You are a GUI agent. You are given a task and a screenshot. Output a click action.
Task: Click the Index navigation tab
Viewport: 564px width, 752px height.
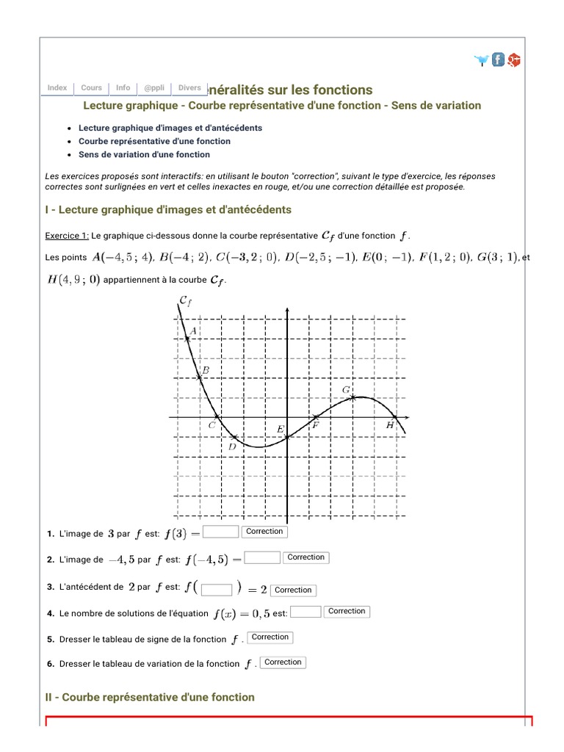[x=57, y=88]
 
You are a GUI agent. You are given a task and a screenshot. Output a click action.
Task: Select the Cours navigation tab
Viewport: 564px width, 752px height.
[x=92, y=88]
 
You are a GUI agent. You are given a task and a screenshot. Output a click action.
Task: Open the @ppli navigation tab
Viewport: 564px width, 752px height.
[x=154, y=88]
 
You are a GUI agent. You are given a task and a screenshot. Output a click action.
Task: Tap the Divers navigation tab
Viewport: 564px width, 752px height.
[x=189, y=88]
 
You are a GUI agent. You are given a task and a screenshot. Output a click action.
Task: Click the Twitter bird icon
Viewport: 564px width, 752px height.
[x=482, y=60]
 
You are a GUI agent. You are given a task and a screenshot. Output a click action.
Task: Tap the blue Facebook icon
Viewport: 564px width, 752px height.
[x=499, y=59]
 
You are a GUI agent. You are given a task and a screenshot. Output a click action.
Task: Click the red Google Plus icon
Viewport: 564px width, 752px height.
[x=515, y=60]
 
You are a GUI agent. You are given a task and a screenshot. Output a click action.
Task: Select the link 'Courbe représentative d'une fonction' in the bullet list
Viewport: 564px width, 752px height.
[x=154, y=141]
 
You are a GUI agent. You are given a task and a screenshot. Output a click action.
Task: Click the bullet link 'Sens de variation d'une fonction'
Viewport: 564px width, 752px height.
[x=144, y=154]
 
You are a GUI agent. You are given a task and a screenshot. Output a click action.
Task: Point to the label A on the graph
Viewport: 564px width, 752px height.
[x=192, y=332]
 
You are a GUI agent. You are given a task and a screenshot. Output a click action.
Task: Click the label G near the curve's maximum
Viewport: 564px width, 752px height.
[x=346, y=389]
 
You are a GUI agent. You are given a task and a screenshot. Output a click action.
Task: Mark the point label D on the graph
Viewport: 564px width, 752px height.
[x=232, y=446]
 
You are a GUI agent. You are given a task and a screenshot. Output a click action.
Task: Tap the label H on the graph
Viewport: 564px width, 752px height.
[x=390, y=424]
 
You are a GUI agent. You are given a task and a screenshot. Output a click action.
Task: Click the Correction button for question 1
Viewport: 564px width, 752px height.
[x=264, y=532]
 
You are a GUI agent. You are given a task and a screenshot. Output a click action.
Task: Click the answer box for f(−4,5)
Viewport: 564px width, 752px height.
[x=262, y=558]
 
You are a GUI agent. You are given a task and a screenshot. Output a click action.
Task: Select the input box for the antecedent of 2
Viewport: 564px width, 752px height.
[x=217, y=589]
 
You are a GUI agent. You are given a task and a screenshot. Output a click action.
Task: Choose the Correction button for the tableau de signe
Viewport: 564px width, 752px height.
[x=270, y=637]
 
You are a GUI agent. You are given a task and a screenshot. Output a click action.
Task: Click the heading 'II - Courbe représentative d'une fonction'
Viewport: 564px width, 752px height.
[x=150, y=697]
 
